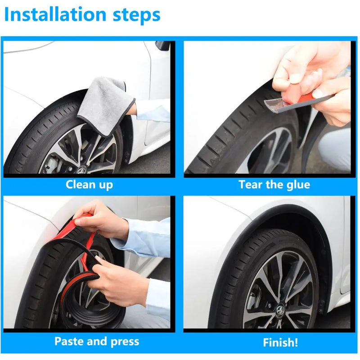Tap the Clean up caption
pyautogui.click(x=89, y=184)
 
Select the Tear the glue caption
pyautogui.click(x=274, y=184)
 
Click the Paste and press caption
pyautogui.click(x=96, y=341)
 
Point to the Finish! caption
pyautogui.click(x=280, y=342)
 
